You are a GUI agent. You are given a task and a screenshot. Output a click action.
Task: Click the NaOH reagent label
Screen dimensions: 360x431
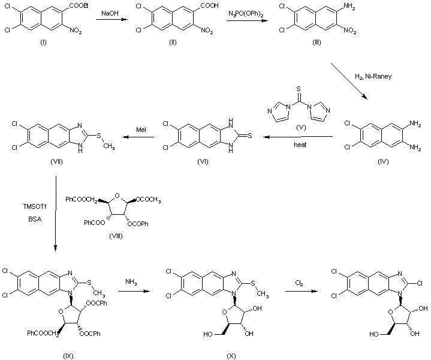click(108, 13)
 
